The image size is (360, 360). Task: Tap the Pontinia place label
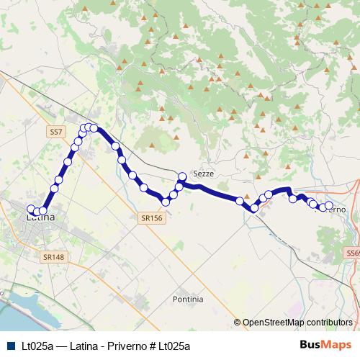click(x=188, y=298)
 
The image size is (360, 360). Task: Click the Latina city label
click(x=40, y=216)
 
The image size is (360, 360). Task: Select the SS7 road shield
click(x=57, y=132)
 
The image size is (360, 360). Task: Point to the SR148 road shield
click(x=53, y=256)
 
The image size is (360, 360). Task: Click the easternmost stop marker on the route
click(x=329, y=207)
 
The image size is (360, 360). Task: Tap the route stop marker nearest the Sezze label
click(x=182, y=176)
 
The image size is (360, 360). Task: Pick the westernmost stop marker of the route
click(x=31, y=210)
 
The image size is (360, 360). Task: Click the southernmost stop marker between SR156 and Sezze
click(x=165, y=202)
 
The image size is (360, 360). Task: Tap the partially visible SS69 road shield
click(x=353, y=253)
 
